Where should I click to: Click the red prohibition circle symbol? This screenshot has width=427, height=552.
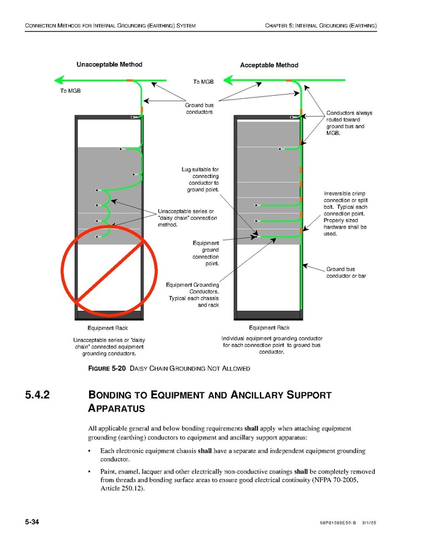click(x=109, y=271)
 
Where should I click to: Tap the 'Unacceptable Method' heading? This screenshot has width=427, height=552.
click(x=109, y=64)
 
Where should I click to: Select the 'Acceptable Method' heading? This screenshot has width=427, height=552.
click(x=269, y=65)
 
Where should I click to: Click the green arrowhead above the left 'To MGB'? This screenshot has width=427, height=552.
click(x=59, y=80)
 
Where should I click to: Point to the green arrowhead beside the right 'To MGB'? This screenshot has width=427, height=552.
click(x=229, y=80)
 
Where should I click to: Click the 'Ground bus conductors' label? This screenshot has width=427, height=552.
click(x=200, y=109)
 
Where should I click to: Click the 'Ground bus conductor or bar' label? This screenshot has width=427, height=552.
click(x=346, y=273)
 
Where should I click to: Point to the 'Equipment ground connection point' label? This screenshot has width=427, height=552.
click(x=205, y=253)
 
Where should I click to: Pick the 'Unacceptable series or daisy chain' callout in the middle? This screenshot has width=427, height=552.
click(x=187, y=218)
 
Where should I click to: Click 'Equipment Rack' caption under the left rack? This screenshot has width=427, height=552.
click(x=108, y=328)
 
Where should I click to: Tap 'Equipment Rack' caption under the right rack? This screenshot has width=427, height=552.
click(x=269, y=328)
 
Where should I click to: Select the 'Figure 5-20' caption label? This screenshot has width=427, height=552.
click(x=107, y=368)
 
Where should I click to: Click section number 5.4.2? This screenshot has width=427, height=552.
click(x=37, y=395)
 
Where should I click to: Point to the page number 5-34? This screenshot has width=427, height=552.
click(x=32, y=522)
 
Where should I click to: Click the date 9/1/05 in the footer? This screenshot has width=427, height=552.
click(x=369, y=523)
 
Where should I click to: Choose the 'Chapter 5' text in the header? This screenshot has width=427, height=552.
click(x=279, y=26)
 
